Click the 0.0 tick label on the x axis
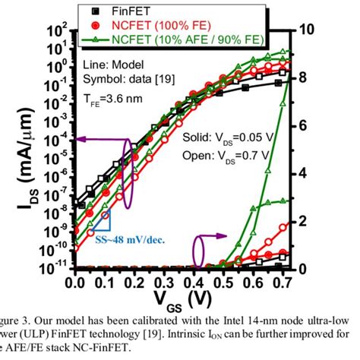pos(75,283)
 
